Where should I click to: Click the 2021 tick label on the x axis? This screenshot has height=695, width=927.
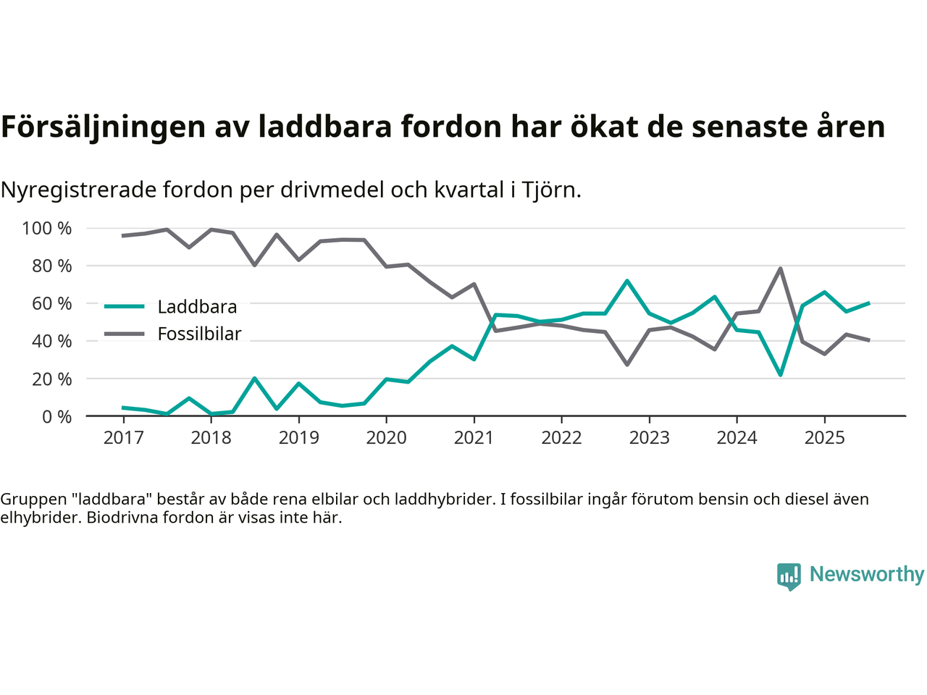point(474,438)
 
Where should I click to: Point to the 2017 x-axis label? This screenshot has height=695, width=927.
point(123,438)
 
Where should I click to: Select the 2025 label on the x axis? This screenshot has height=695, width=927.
point(824,438)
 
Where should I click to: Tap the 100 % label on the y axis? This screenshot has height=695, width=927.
point(47,229)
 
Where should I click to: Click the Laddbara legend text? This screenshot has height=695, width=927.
point(197,307)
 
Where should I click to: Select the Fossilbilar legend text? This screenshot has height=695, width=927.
point(199,334)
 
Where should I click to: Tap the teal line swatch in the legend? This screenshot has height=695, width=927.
point(125,306)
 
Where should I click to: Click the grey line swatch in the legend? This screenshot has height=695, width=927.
point(125,334)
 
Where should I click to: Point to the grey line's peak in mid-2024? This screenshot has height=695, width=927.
point(780,269)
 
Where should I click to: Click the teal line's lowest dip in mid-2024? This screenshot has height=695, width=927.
point(780,375)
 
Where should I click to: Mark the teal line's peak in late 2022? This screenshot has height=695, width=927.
point(626,280)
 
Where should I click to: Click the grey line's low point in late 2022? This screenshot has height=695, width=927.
point(626,364)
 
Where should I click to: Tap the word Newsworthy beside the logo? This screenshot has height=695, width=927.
point(866,574)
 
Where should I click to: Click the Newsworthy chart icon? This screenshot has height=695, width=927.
point(789,576)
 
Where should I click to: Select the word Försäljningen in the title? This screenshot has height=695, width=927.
point(103,127)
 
